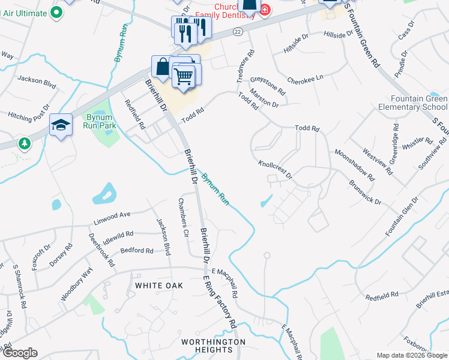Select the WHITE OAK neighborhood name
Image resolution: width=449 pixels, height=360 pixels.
tap(158, 286)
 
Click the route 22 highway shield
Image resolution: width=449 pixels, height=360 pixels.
tap(238, 32)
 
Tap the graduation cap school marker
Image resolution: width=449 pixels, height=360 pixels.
tap(61, 125)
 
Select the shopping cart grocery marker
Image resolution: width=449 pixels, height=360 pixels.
tap(184, 76)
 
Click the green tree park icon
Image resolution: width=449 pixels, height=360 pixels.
tap(24, 144)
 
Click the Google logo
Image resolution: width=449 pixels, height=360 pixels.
tap(20, 353)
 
